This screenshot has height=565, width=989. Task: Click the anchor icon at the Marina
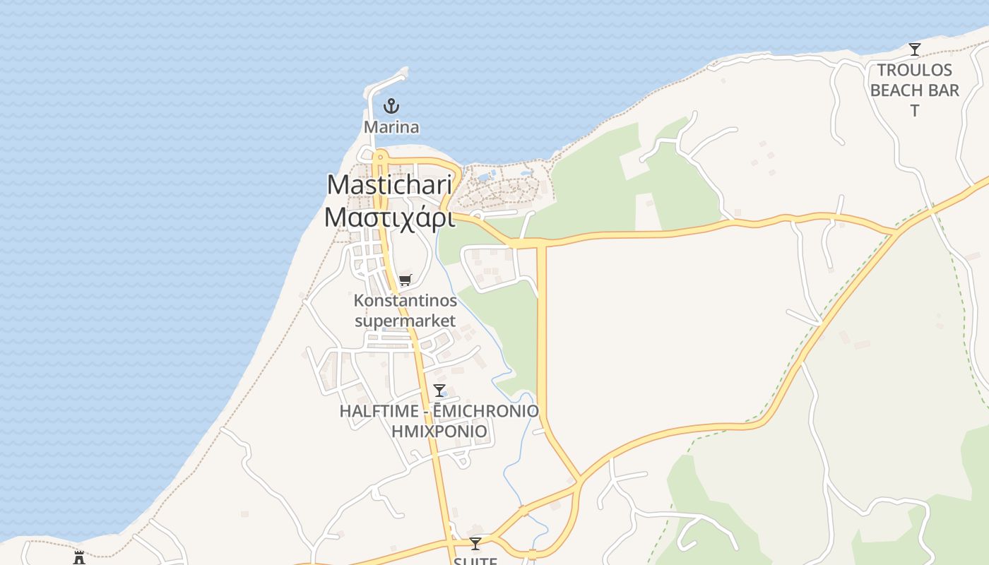[x=391, y=107]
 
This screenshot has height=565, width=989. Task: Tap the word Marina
[x=391, y=127]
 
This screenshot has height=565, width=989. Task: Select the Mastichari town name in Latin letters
[x=389, y=185]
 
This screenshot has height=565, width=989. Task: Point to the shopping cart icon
[x=405, y=280]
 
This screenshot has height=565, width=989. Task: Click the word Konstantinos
[x=405, y=301]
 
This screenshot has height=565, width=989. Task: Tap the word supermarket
[x=405, y=321]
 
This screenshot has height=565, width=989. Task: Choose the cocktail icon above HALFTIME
[x=439, y=391]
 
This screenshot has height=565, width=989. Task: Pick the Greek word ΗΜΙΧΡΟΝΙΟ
[x=439, y=431]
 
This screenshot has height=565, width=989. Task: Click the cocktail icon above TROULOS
[x=915, y=49]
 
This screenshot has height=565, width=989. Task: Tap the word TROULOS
[x=915, y=70]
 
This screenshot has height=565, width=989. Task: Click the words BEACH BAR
[x=915, y=90]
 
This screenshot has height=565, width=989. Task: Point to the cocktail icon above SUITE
[x=475, y=543]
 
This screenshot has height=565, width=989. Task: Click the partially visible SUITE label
[x=475, y=561]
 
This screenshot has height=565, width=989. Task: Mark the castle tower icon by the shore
[x=79, y=558]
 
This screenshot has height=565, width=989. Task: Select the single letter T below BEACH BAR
[x=915, y=111]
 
